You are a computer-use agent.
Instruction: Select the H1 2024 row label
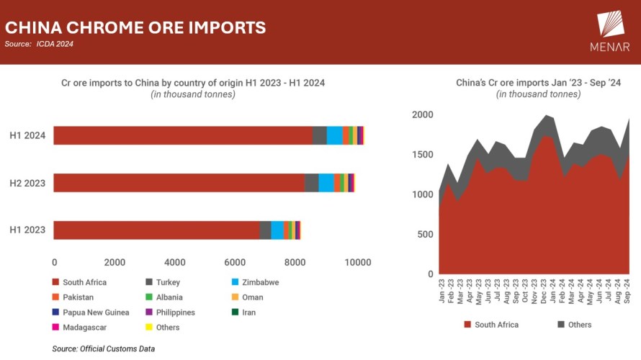(x=27, y=135)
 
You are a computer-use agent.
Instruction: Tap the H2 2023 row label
(x=27, y=183)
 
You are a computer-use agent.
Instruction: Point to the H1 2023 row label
(x=27, y=230)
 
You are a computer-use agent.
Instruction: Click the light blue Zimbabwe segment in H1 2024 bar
(x=334, y=135)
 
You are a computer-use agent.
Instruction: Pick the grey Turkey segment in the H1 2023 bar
(x=265, y=230)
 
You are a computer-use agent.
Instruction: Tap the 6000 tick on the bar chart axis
(x=236, y=262)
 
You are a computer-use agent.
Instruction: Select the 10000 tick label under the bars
(x=357, y=262)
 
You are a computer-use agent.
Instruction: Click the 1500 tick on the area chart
(x=423, y=155)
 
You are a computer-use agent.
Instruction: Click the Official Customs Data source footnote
(x=104, y=349)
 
